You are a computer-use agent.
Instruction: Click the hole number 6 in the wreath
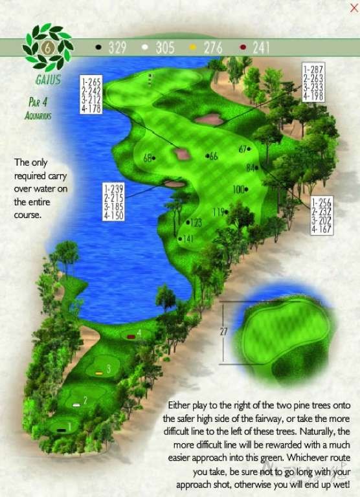pyautogui.click(x=47, y=48)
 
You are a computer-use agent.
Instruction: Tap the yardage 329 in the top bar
pyautogui.click(x=117, y=47)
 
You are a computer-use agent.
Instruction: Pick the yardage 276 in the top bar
pyautogui.click(x=212, y=47)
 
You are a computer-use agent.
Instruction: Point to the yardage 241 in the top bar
pyautogui.click(x=260, y=47)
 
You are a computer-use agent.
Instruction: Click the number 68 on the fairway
pyautogui.click(x=148, y=157)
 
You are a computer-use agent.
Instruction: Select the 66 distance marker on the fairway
pyautogui.click(x=213, y=156)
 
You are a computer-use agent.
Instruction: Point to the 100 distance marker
pyautogui.click(x=238, y=190)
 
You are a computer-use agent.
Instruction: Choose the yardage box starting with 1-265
pyautogui.click(x=92, y=95)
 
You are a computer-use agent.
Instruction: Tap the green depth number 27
pyautogui.click(x=224, y=331)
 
